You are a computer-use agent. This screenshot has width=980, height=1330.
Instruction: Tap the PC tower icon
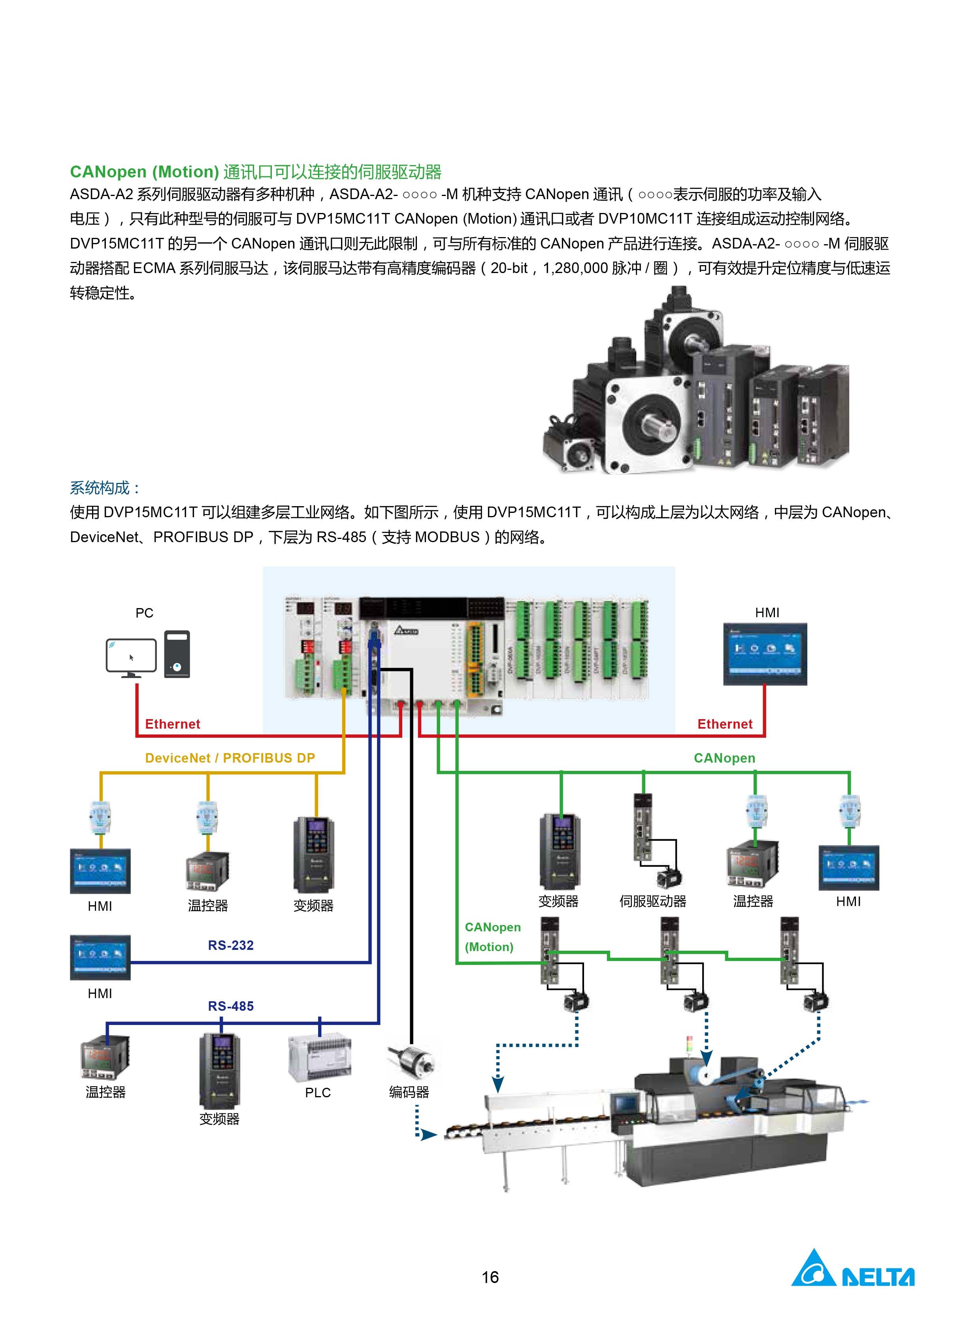coord(177,654)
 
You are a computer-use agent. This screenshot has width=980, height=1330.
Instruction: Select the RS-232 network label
coord(231,945)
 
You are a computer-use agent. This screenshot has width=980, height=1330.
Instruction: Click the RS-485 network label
coord(231,1006)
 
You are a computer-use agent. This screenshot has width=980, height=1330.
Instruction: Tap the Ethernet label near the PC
coord(173,724)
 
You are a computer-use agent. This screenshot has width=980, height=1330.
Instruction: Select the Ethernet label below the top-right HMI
coord(725,724)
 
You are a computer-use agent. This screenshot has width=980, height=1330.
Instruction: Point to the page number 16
coord(490,1277)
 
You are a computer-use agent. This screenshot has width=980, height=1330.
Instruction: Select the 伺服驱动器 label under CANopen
coord(652,901)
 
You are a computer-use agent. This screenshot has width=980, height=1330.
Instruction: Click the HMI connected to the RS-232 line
coord(100,957)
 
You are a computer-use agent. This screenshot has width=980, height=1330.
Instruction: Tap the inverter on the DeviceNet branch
coord(313,854)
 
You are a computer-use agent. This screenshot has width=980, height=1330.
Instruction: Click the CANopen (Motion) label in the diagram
coord(492,937)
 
